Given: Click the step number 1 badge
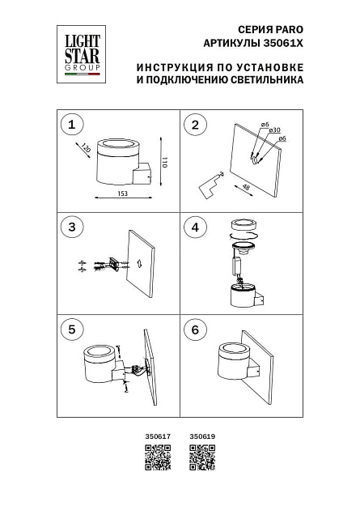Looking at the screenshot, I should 72,125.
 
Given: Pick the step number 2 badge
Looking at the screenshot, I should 195,125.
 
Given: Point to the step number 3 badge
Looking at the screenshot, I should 72,227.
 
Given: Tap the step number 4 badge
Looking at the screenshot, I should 195,227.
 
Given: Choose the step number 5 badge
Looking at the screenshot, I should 72,329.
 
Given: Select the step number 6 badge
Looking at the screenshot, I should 195,329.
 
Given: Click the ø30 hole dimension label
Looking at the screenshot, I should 275,130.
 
